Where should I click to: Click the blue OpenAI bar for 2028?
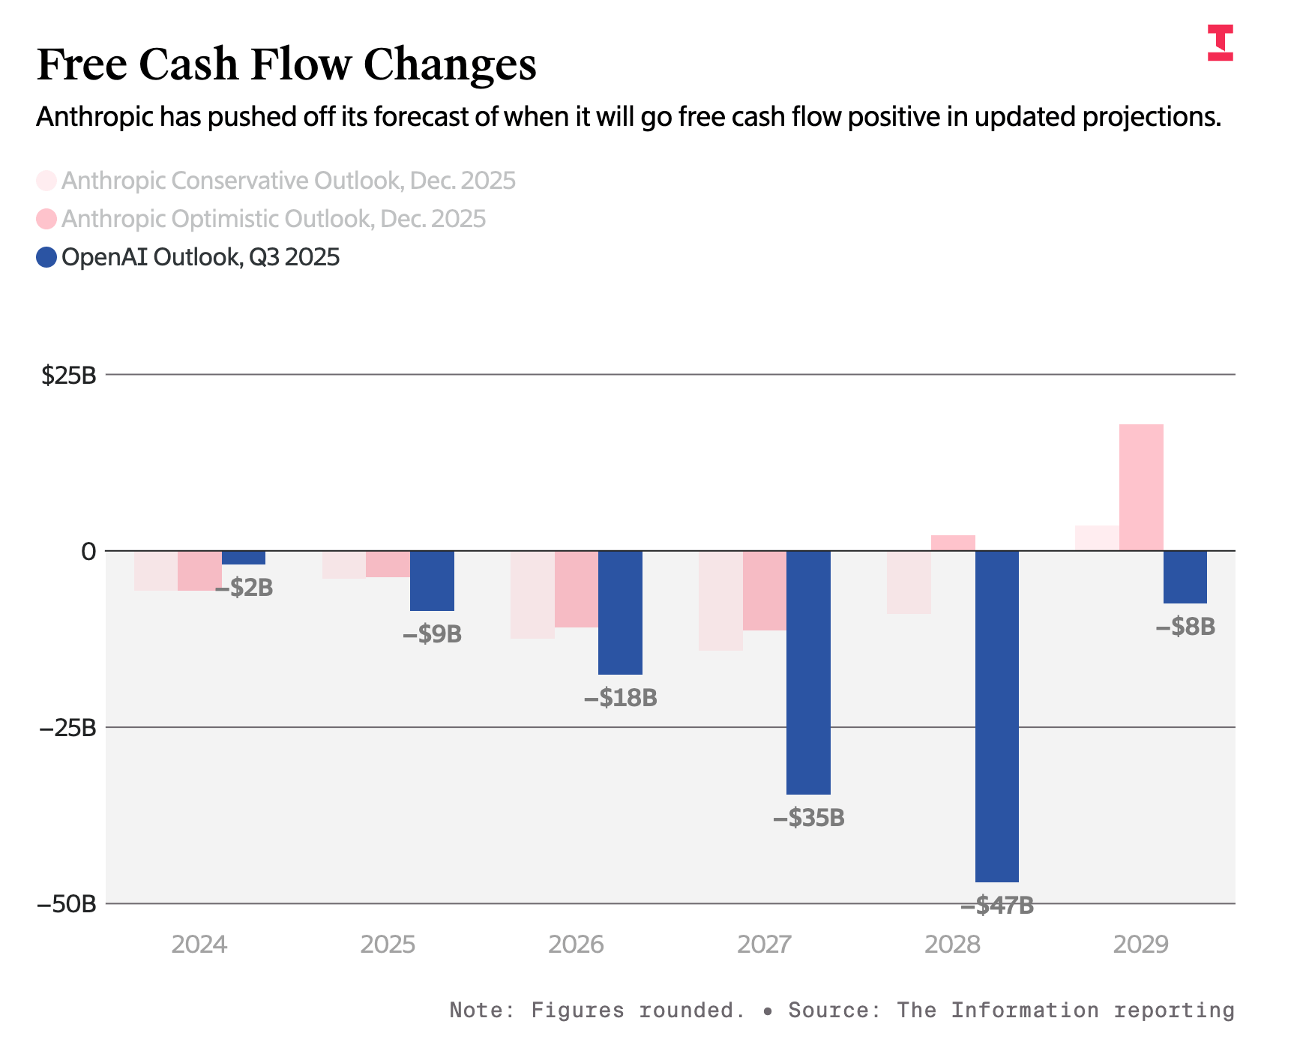tap(996, 716)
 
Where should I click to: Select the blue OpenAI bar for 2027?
tap(808, 672)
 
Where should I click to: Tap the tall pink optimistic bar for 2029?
tap(1141, 487)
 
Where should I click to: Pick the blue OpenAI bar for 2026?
tap(620, 612)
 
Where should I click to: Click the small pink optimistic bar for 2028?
tap(953, 543)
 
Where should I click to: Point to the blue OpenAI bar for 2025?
tap(432, 581)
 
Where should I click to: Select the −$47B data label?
tap(996, 906)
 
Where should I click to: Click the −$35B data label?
tap(808, 818)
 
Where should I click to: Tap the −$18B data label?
tap(620, 698)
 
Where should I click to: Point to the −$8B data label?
tap(1185, 627)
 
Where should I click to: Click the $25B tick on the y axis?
tap(69, 375)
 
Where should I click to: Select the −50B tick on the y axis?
tap(67, 904)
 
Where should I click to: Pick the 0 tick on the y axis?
tap(88, 552)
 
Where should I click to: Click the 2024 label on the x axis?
tap(199, 945)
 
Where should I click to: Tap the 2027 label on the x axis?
tap(764, 945)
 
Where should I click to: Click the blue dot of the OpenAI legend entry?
tap(46, 258)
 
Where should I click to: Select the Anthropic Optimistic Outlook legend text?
tap(274, 219)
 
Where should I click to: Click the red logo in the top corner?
tap(1220, 43)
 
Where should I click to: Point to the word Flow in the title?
tap(301, 64)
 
